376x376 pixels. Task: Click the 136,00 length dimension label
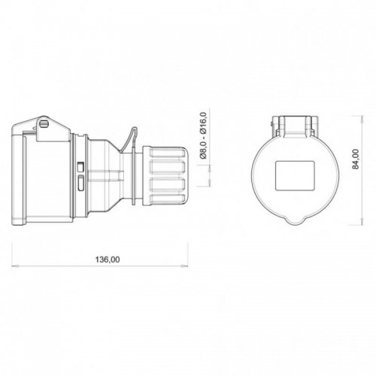108,259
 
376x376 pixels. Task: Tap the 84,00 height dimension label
356,159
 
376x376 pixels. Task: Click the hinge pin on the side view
44,123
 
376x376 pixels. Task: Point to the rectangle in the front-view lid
295,175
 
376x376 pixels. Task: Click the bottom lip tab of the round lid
295,220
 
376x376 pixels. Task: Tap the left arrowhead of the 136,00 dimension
15,265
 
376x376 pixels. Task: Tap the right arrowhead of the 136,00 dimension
184,265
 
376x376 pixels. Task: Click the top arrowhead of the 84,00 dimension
362,120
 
